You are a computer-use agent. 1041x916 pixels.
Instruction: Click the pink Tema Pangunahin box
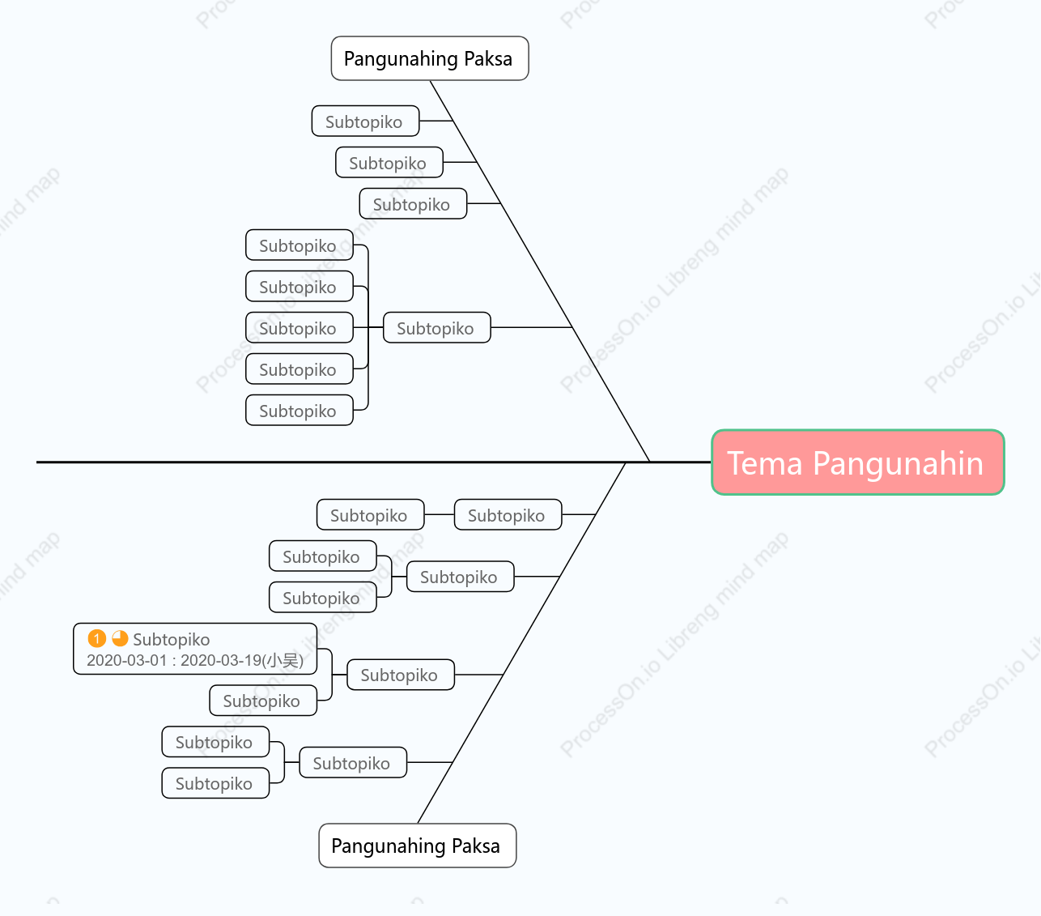pyautogui.click(x=857, y=462)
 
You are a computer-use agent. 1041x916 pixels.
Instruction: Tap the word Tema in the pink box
pyautogui.click(x=765, y=463)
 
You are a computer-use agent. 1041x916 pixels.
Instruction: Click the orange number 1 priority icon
pyautogui.click(x=96, y=638)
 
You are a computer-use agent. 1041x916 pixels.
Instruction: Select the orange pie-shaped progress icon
pyautogui.click(x=120, y=638)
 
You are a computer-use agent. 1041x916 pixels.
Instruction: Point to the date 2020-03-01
pyautogui.click(x=127, y=661)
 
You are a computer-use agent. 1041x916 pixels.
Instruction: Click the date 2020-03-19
pyautogui.click(x=221, y=661)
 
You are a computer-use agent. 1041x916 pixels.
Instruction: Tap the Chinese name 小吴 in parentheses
pyautogui.click(x=283, y=661)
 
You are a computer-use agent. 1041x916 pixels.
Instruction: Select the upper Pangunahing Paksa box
pyautogui.click(x=430, y=58)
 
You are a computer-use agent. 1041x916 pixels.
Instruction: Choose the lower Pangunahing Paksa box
pyautogui.click(x=417, y=846)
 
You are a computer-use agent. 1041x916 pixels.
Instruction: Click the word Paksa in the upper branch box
pyautogui.click(x=488, y=58)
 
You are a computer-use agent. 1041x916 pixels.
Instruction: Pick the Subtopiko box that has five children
pyautogui.click(x=437, y=327)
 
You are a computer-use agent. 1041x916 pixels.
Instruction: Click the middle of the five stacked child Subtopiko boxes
pyautogui.click(x=299, y=327)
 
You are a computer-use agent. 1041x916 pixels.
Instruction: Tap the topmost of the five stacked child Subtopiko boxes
pyautogui.click(x=299, y=245)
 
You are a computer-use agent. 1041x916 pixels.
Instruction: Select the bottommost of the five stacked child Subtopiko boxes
pyautogui.click(x=299, y=410)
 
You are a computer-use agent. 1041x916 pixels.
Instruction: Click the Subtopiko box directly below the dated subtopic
pyautogui.click(x=263, y=700)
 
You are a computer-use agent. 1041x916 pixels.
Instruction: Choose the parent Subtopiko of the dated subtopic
pyautogui.click(x=401, y=675)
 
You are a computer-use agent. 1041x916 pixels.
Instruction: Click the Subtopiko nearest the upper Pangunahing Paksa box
pyautogui.click(x=365, y=121)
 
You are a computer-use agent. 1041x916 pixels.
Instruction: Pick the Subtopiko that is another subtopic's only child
pyautogui.click(x=371, y=514)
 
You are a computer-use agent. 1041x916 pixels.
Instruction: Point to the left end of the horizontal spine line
pyautogui.click(x=37, y=462)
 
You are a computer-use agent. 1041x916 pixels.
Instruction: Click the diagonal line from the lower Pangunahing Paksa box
pyautogui.click(x=521, y=642)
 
